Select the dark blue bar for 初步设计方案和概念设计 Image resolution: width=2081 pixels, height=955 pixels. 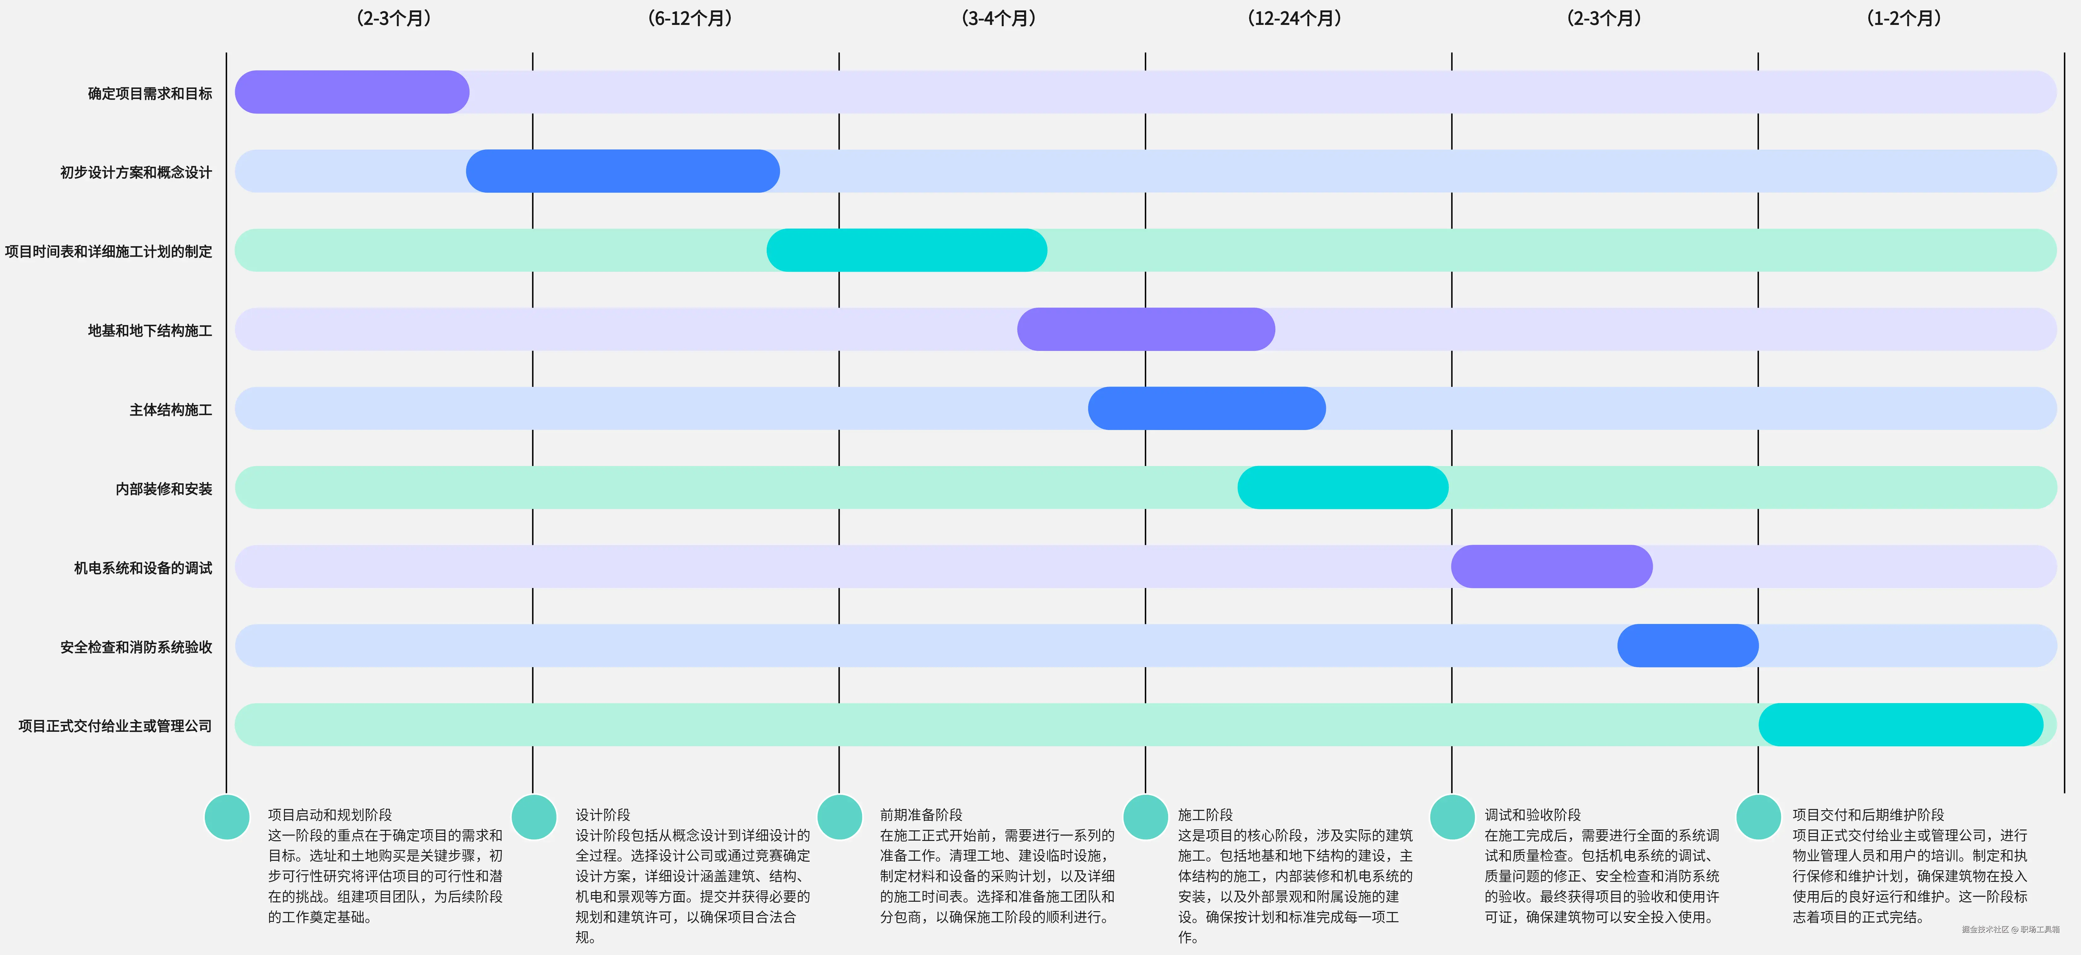point(623,171)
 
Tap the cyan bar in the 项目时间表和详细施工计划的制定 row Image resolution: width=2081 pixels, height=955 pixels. point(906,250)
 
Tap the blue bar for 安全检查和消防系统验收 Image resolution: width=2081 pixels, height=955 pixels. point(1687,646)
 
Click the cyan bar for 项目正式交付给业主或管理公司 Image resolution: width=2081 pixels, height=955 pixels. point(1900,725)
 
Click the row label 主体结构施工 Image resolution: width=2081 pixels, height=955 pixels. point(170,410)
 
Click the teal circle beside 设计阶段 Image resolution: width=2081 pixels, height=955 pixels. point(534,817)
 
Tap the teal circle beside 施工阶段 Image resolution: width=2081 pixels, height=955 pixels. point(1145,817)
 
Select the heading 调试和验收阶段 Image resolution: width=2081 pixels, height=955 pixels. point(1532,814)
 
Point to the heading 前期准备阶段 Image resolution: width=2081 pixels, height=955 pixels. point(921,814)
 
